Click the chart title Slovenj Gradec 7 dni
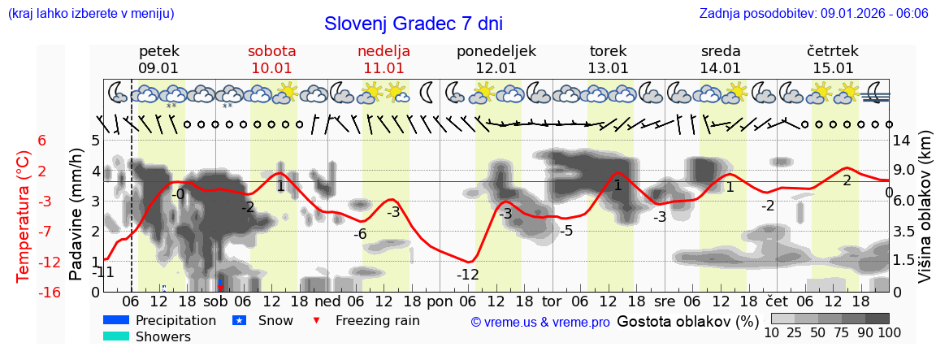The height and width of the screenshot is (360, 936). (413, 24)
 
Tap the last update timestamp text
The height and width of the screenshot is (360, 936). (813, 13)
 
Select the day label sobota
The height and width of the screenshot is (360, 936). (271, 51)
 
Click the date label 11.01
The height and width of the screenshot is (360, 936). (383, 68)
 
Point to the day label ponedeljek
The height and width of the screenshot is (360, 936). (496, 51)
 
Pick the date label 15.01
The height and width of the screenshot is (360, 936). (833, 68)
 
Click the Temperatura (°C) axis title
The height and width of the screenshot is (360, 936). (24, 215)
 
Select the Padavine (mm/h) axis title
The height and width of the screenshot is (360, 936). (76, 215)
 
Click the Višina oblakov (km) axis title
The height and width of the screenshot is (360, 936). (924, 215)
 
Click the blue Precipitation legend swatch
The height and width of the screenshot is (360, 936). (116, 320)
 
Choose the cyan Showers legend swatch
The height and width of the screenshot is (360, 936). (116, 336)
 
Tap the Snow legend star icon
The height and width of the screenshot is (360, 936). (240, 320)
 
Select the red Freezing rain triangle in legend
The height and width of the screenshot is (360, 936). (317, 320)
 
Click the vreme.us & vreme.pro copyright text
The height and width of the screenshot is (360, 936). (540, 323)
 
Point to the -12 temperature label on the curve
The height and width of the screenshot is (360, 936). (467, 275)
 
